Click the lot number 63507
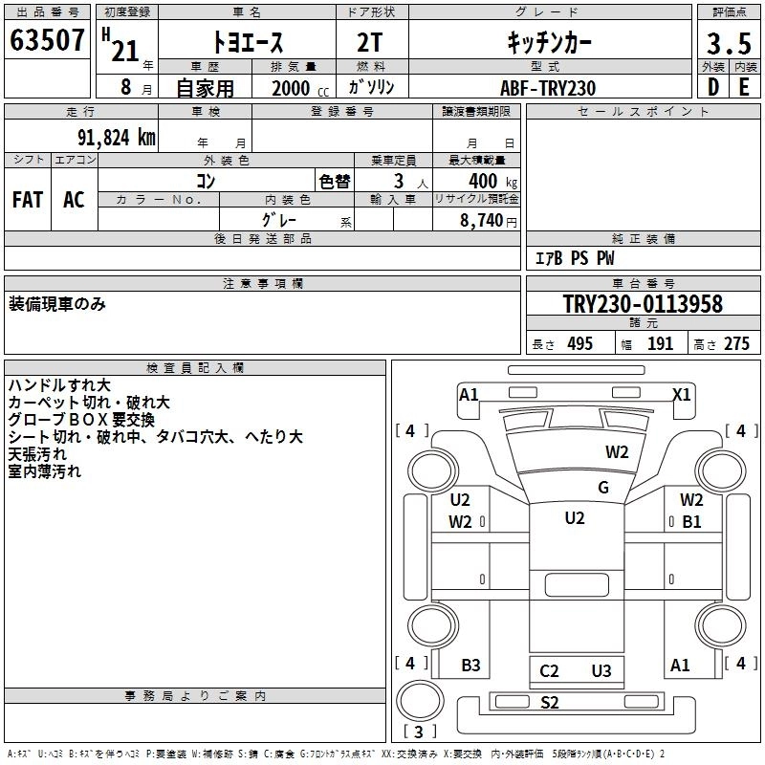47,43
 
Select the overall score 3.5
727,44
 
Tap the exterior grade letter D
712,87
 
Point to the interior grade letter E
743,87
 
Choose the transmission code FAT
28,200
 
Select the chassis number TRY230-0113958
643,305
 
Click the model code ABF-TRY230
548,88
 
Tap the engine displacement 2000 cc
291,88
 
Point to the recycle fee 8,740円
488,221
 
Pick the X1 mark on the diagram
682,394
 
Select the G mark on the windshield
603,488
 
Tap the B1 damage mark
691,522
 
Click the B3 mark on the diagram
470,666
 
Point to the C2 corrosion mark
549,671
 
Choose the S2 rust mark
549,703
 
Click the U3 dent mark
601,671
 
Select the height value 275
736,344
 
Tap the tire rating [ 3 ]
420,732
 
